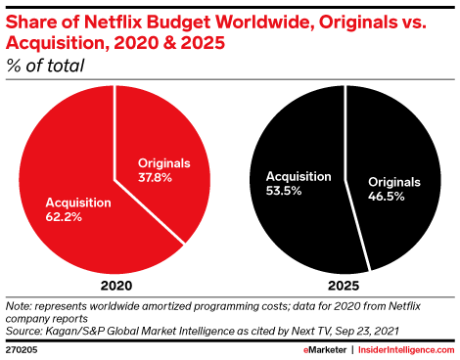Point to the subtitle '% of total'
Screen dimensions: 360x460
45,67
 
